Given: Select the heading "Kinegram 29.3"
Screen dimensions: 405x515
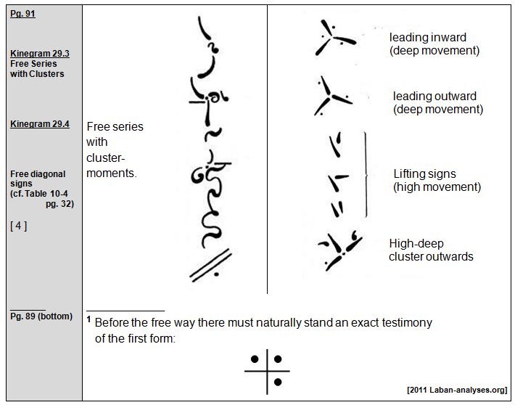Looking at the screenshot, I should pos(40,54).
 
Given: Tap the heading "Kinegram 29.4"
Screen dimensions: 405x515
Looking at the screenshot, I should pos(40,124).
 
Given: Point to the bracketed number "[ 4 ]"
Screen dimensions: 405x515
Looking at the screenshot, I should pos(20,226).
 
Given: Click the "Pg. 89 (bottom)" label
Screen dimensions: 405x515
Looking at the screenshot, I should pos(41,316).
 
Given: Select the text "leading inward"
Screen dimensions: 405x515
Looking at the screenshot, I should pos(427,37).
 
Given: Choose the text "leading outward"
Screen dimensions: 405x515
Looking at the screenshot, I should pos(434,97).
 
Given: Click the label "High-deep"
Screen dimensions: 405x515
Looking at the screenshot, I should pos(416,243).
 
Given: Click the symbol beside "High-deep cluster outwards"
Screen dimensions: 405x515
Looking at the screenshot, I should pos(338,249).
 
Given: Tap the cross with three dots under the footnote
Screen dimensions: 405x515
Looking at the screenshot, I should pos(266,370).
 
